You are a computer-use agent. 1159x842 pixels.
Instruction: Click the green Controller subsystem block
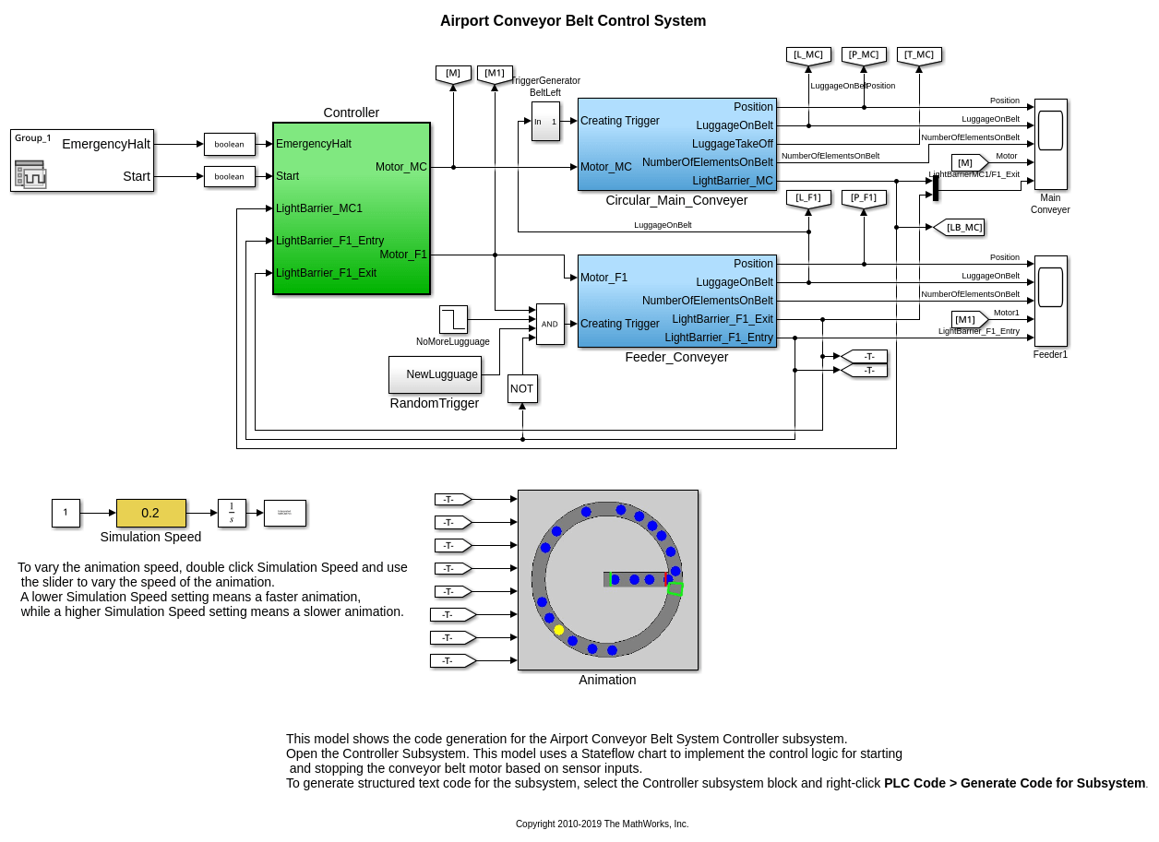point(351,208)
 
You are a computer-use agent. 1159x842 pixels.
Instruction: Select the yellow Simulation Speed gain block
point(150,513)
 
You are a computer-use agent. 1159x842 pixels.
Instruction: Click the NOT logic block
point(522,388)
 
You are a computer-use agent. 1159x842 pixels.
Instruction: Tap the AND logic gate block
point(550,324)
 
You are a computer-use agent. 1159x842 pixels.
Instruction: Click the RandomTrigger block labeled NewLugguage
point(435,374)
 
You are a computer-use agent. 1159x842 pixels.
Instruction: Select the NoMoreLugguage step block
point(453,319)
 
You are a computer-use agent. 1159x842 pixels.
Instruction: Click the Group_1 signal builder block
point(82,160)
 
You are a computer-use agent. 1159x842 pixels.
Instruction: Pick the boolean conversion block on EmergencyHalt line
point(230,144)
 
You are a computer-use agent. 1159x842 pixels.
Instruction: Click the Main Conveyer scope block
point(1050,144)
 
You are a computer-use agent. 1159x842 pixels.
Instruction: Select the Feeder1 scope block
point(1050,301)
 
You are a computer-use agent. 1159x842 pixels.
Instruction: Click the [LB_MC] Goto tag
point(960,227)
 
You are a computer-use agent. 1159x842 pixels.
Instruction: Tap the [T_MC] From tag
point(919,55)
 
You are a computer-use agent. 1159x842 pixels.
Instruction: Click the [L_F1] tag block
point(808,198)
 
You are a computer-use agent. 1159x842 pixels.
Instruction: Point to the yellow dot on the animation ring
point(559,630)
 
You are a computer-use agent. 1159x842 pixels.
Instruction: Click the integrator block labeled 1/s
point(232,513)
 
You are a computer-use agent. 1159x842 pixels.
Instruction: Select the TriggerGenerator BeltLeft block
point(545,121)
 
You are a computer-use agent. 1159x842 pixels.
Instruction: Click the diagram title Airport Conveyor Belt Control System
point(572,21)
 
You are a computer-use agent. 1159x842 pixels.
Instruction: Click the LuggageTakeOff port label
point(733,144)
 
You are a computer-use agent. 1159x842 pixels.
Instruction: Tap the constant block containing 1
point(66,513)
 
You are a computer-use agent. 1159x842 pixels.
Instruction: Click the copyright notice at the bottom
point(602,824)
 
